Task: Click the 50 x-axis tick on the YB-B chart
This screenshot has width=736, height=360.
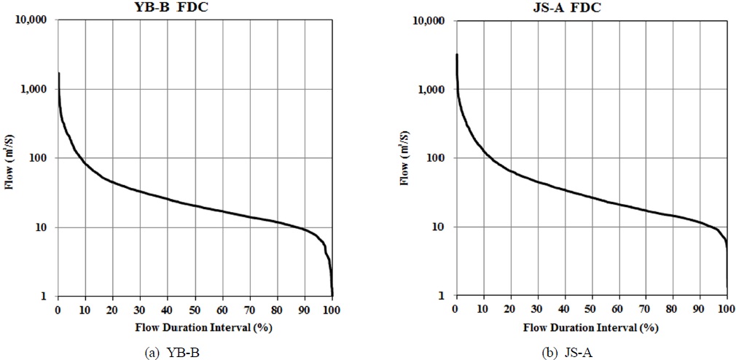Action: [195, 309]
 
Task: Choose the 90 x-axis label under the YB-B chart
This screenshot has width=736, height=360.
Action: [305, 309]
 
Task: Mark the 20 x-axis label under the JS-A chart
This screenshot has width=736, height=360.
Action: [510, 309]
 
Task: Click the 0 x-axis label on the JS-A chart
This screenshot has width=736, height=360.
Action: [456, 309]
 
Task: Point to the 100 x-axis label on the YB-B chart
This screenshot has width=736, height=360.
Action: [332, 309]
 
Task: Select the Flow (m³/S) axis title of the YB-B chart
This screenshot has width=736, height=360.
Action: [11, 158]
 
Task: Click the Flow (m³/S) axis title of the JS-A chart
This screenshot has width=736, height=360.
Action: [405, 158]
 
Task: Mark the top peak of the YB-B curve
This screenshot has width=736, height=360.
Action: [58, 74]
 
